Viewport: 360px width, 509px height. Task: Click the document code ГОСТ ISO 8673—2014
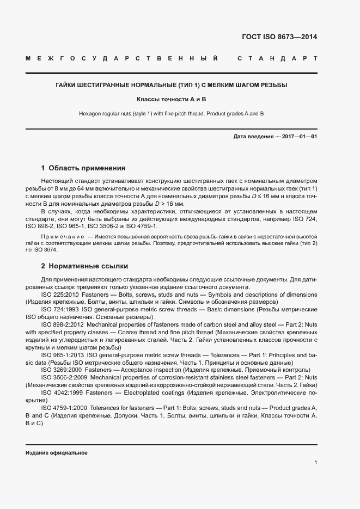[279, 37]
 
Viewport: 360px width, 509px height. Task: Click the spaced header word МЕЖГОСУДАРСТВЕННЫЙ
[122, 58]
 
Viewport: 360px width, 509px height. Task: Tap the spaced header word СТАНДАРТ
[277, 58]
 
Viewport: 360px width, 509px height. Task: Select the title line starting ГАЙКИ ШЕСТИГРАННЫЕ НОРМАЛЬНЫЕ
[172, 85]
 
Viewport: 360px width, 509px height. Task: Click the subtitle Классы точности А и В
[172, 100]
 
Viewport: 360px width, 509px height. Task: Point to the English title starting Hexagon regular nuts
[172, 113]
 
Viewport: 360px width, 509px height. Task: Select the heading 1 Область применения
[83, 168]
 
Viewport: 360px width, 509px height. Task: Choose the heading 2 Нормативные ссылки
[84, 266]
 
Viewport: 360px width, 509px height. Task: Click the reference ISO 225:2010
[60, 295]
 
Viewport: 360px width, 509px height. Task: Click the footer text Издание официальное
[56, 453]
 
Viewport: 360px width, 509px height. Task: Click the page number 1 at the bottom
[315, 462]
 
